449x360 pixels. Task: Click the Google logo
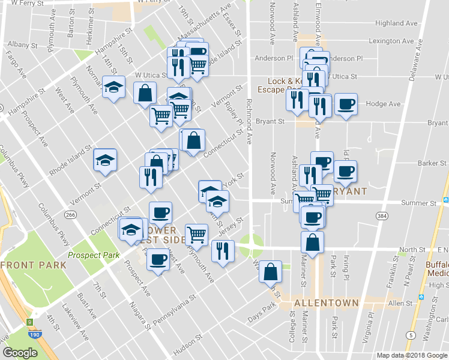[x=20, y=353]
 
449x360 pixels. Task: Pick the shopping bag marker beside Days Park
[x=271, y=271]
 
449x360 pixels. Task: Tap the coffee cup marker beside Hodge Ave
[x=346, y=104]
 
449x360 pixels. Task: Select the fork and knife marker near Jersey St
[x=223, y=250]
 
